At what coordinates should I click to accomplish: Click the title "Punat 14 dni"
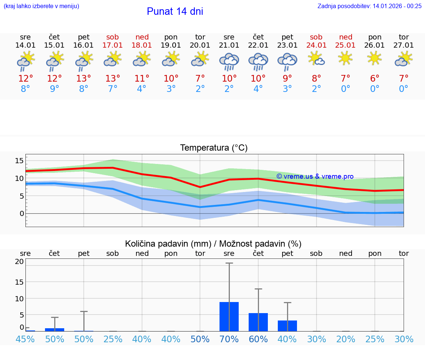175,11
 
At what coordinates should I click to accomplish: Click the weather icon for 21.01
229,61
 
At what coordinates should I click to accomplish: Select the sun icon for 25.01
346,58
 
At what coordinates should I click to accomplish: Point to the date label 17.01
113,45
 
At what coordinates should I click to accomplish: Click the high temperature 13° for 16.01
84,78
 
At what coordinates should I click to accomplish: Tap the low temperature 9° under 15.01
55,89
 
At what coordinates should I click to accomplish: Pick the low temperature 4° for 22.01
258,89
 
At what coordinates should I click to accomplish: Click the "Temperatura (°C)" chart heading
214,148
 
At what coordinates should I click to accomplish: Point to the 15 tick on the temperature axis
19,160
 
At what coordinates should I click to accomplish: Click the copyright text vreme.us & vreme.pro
315,176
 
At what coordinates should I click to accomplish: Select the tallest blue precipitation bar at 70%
229,316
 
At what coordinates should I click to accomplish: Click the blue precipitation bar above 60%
258,322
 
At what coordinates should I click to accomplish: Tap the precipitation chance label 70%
229,339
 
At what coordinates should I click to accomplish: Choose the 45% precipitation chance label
25,339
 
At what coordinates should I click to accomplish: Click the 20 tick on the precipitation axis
19,261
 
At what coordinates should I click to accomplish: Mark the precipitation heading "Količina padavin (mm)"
168,244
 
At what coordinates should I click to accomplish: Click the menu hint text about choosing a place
41,6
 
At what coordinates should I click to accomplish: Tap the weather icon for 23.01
287,61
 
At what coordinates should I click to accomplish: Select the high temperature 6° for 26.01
375,78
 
